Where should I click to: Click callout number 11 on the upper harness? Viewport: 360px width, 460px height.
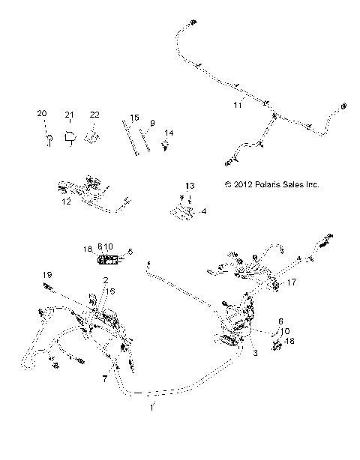(x=237, y=106)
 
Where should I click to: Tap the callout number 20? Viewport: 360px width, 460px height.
(x=42, y=113)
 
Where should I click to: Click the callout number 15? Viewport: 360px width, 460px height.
(x=134, y=118)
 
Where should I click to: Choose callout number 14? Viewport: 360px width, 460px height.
(x=169, y=133)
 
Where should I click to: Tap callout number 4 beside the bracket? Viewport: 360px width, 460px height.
(x=204, y=212)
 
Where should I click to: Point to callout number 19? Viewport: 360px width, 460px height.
(x=46, y=275)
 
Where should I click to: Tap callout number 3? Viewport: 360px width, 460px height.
(x=256, y=351)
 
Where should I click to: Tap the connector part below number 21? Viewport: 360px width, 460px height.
(x=70, y=136)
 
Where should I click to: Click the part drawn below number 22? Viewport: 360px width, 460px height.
(x=94, y=136)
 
